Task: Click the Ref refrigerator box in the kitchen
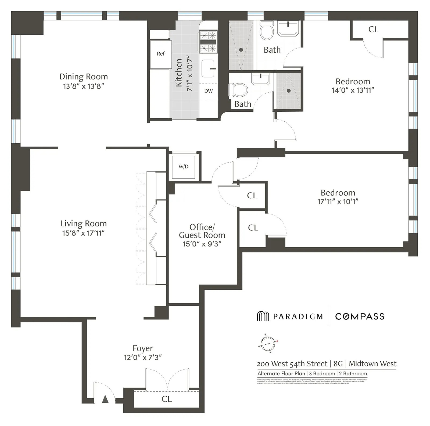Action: pos(161,54)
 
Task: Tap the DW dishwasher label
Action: pos(208,91)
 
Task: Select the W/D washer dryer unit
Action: pos(184,167)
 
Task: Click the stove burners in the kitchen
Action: pos(208,42)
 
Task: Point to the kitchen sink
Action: pos(208,68)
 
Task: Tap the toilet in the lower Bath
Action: pos(238,90)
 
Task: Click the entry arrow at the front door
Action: pos(105,399)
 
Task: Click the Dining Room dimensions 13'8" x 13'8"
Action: pos(84,86)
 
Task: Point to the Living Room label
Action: pos(83,224)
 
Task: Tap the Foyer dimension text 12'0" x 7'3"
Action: pos(143,358)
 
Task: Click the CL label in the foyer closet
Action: pos(167,399)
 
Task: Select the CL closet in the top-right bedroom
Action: pos(373,29)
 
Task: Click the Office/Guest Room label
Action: pos(202,231)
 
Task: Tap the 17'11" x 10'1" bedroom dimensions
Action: pos(338,202)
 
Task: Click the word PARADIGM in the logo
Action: pos(298,316)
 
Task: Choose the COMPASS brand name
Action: pos(360,316)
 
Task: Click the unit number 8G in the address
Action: pos(338,364)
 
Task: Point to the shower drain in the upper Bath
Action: pos(241,50)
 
